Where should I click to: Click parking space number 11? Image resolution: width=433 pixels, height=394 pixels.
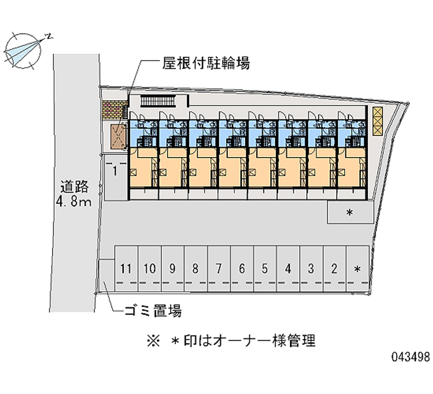(x=126, y=268)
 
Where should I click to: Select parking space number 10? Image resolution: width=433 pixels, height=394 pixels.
(x=150, y=268)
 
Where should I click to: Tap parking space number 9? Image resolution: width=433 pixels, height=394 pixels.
(x=173, y=268)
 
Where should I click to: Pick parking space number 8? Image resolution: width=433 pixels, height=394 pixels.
(x=195, y=268)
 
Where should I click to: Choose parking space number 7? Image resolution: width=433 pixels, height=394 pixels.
(x=219, y=268)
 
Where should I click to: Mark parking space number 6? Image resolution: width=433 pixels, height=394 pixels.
(x=242, y=268)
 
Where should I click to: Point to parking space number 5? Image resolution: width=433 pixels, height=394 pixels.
(x=265, y=268)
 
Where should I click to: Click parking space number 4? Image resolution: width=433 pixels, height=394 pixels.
(x=288, y=268)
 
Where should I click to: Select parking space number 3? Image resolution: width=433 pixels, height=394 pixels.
(x=311, y=268)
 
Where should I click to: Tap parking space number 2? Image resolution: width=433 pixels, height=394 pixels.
(x=334, y=268)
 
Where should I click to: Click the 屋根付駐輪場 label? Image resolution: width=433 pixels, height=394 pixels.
(x=206, y=64)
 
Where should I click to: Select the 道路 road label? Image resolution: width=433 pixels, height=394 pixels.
(x=75, y=188)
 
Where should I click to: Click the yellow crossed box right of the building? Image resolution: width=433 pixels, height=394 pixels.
(x=377, y=121)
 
